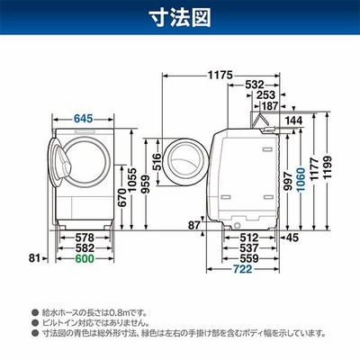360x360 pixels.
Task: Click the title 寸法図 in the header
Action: coord(180,17)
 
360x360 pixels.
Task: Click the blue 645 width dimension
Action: coord(83,119)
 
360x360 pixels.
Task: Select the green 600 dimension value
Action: coord(85,258)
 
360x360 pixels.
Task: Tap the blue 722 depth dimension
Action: coord(242,269)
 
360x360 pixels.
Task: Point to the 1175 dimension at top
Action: coord(220,75)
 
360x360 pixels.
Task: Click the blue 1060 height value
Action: coord(301,181)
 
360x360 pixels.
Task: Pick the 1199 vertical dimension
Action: coord(328,167)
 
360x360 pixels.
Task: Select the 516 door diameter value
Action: coord(157,162)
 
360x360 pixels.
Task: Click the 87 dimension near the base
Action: coord(193,225)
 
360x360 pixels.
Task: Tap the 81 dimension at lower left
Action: coord(34,257)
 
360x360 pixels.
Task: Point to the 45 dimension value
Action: coord(292,238)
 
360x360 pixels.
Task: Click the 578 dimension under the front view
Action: coord(85,238)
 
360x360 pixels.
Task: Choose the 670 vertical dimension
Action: coord(122,197)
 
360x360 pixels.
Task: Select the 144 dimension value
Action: coord(293,121)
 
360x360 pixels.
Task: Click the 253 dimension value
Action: coord(265,95)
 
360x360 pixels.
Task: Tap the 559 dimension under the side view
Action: coord(249,258)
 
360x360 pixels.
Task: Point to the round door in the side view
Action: coord(184,162)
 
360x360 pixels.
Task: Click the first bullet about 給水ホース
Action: coord(91,313)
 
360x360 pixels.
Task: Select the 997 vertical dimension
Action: coord(288,181)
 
